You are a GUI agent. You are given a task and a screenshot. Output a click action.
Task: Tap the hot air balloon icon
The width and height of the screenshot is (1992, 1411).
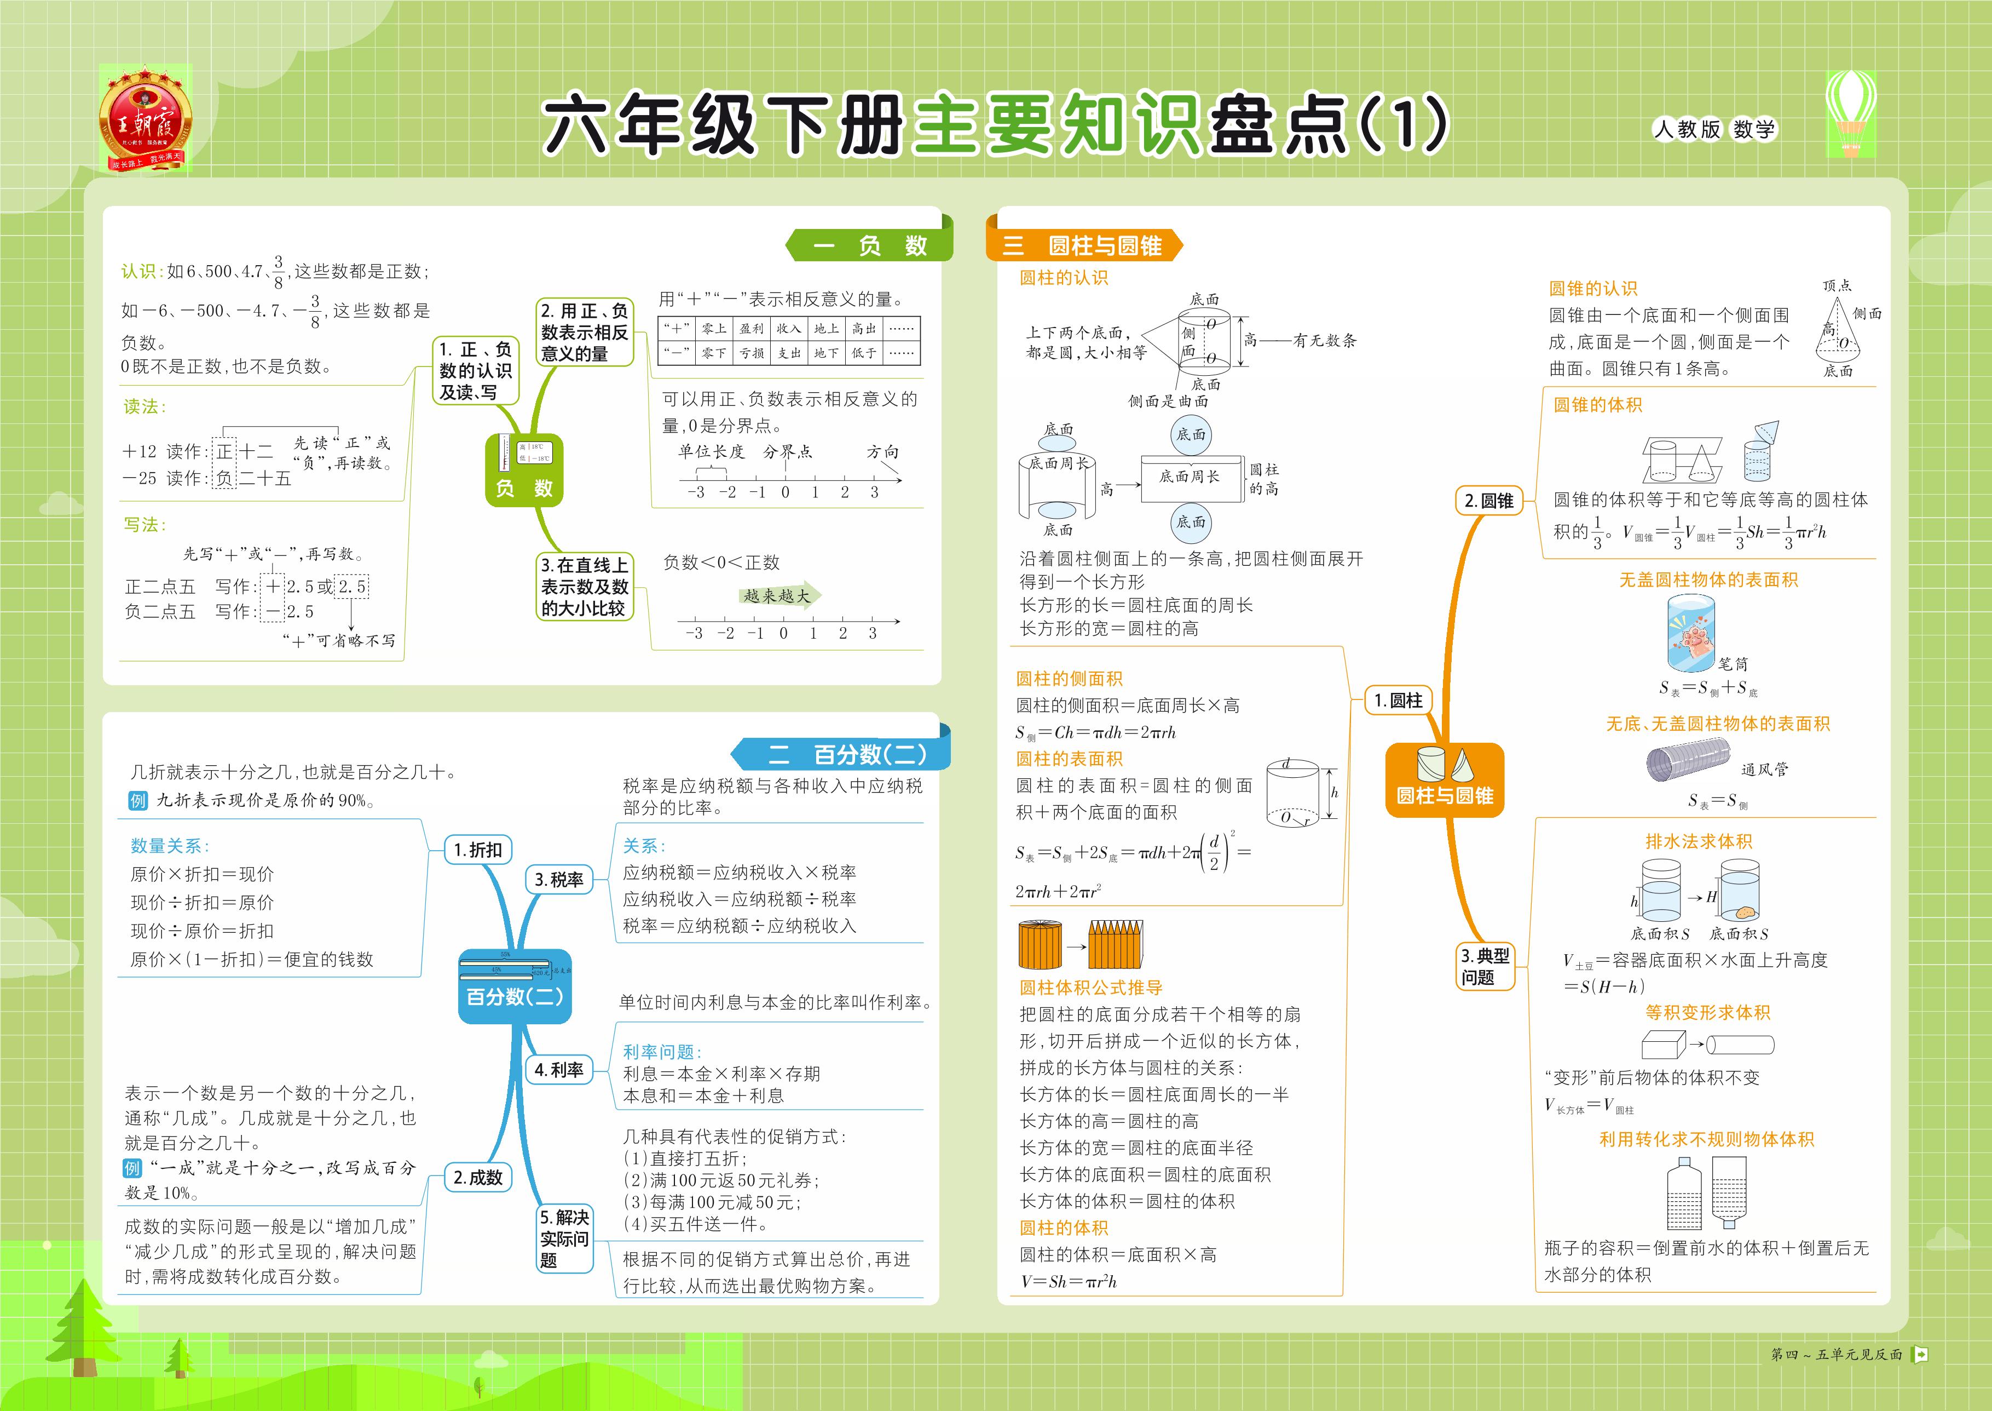[x=1850, y=113]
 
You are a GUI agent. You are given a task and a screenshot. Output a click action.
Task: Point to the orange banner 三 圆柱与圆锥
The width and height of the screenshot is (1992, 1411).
[x=1086, y=246]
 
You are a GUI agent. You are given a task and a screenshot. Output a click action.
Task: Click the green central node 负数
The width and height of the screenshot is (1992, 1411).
[x=524, y=470]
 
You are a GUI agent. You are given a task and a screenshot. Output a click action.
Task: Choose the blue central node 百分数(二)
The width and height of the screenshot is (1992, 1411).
[x=514, y=985]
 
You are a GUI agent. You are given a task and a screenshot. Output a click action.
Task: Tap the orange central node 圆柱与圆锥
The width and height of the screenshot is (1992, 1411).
[x=1444, y=779]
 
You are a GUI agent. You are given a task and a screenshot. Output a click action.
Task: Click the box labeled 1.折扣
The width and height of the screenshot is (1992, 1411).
[x=477, y=850]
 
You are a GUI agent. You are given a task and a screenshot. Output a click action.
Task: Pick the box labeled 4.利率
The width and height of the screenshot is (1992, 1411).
[x=558, y=1070]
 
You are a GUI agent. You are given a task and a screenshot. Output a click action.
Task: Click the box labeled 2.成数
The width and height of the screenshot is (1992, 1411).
[x=477, y=1177]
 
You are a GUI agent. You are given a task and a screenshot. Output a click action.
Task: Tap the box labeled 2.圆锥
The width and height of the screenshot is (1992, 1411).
[x=1488, y=501]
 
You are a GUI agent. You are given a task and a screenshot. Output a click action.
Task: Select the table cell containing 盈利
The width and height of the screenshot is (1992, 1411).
[x=751, y=329]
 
